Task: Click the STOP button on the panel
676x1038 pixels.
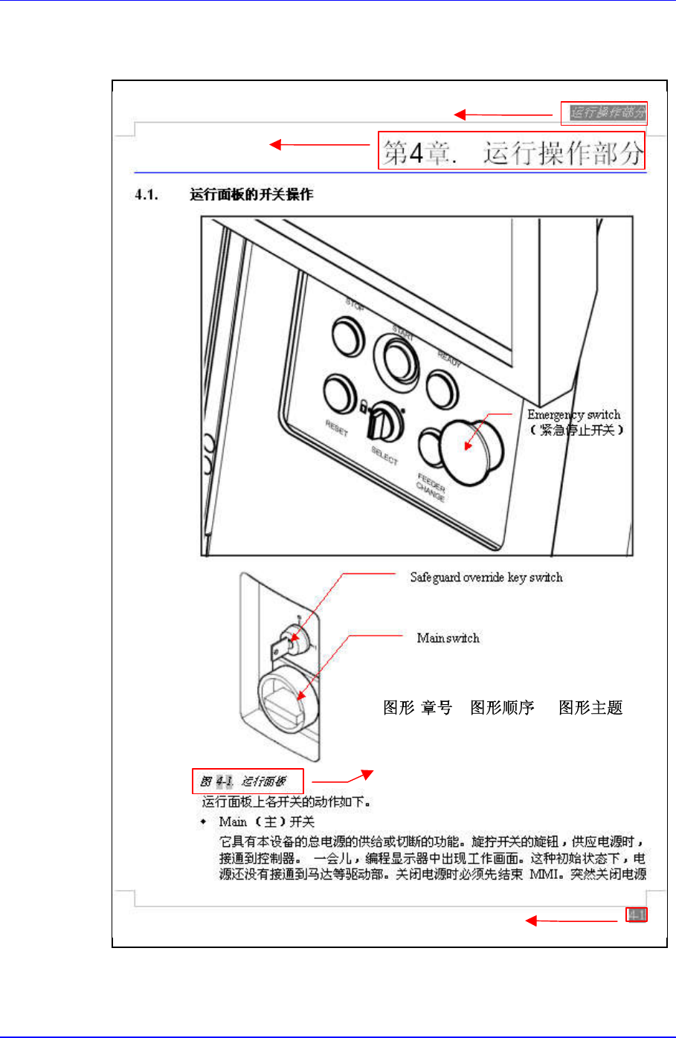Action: (x=347, y=335)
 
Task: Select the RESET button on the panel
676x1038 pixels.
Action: (x=339, y=393)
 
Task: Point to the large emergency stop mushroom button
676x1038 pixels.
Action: (x=470, y=448)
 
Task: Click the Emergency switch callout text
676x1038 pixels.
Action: (x=573, y=415)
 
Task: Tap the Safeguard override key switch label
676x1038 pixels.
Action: (x=486, y=577)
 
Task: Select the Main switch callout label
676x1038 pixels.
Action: (x=448, y=638)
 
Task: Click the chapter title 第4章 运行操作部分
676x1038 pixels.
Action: (x=512, y=152)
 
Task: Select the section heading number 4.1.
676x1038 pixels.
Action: (x=147, y=195)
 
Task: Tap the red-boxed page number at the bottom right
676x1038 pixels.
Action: (x=636, y=915)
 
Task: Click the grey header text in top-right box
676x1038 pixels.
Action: (x=605, y=113)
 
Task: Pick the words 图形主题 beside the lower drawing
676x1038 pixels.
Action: (x=590, y=708)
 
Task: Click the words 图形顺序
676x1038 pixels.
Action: (x=502, y=708)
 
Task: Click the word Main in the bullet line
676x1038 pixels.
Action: (x=233, y=822)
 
